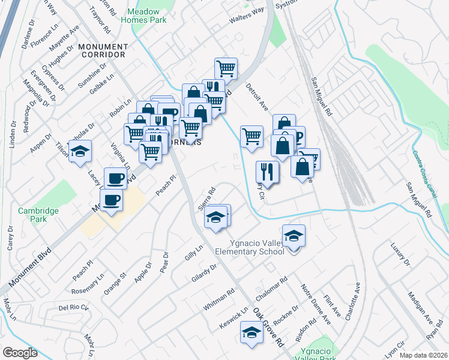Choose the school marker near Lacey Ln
79,152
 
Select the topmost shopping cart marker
226,68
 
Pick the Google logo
20,353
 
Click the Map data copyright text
424,355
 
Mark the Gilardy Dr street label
204,267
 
